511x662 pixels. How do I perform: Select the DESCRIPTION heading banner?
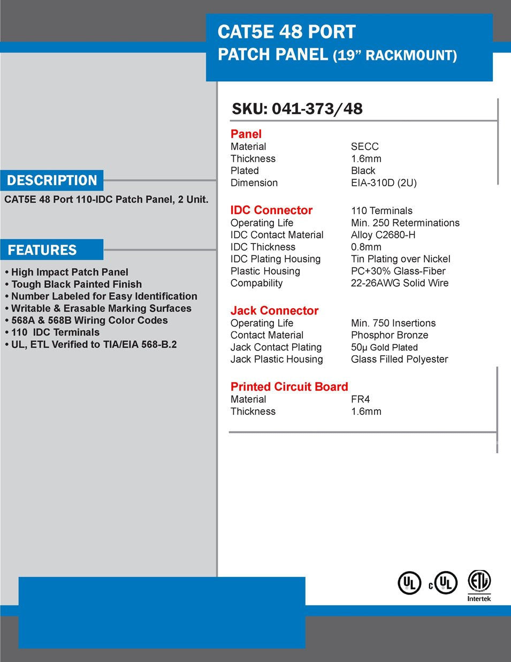point(52,180)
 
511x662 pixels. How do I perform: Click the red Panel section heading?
point(246,134)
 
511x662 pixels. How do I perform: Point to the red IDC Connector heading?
point(271,210)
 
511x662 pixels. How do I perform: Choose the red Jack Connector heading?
point(274,311)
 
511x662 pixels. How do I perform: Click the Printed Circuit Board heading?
point(289,387)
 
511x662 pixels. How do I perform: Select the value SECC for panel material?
point(364,147)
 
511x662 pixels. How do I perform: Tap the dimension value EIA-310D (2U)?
point(384,183)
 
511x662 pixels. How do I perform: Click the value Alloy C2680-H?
point(383,235)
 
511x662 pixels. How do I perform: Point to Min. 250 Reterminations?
point(405,223)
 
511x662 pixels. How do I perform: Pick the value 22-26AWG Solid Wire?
point(400,283)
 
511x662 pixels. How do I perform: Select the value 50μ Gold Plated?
point(384,347)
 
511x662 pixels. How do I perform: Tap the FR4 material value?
point(360,399)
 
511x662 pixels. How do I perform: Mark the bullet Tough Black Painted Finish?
point(76,285)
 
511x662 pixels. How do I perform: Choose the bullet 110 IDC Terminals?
point(55,332)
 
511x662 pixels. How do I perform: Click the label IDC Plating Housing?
point(276,259)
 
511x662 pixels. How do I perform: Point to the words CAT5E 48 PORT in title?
point(286,32)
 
